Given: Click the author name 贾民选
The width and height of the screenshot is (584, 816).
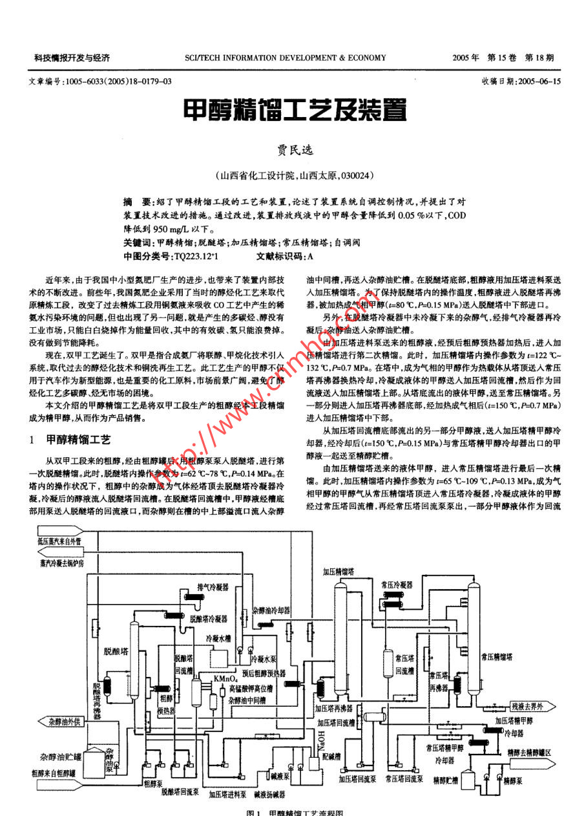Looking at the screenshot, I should tap(295, 150).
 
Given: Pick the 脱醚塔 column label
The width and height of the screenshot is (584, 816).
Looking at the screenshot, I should tap(115, 651).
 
